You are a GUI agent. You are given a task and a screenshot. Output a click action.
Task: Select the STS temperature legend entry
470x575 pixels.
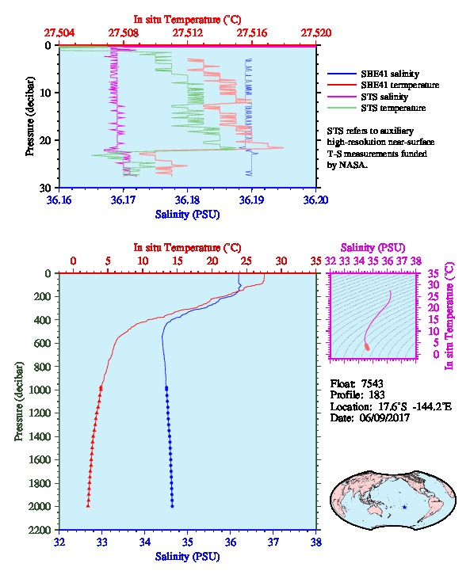click(x=376, y=108)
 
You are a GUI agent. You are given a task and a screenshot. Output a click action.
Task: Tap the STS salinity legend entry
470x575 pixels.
click(x=368, y=97)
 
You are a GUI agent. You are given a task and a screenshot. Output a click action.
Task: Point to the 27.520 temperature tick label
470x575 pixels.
click(x=316, y=33)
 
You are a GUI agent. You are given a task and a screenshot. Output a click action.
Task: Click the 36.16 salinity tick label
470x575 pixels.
click(x=59, y=200)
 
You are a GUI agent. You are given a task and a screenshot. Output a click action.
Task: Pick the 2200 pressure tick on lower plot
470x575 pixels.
click(x=40, y=530)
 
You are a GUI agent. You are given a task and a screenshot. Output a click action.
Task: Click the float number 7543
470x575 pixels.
click(x=372, y=383)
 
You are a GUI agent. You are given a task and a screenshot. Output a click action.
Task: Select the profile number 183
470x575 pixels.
click(x=376, y=395)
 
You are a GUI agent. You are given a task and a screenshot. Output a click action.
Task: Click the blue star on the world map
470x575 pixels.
click(x=404, y=507)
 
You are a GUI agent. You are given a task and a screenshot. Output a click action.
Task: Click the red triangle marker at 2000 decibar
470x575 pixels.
click(x=88, y=505)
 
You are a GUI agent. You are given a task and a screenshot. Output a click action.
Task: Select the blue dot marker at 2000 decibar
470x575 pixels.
click(x=172, y=506)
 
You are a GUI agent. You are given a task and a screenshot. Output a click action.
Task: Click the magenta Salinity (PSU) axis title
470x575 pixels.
click(x=373, y=248)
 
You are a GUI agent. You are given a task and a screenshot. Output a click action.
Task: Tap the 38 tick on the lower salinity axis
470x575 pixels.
click(x=316, y=542)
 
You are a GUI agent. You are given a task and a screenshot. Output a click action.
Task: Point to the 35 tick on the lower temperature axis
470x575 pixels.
click(x=316, y=261)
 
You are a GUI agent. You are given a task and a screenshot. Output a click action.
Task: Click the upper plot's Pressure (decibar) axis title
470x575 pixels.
click(x=30, y=116)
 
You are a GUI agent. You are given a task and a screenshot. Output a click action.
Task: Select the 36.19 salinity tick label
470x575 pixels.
click(x=252, y=200)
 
